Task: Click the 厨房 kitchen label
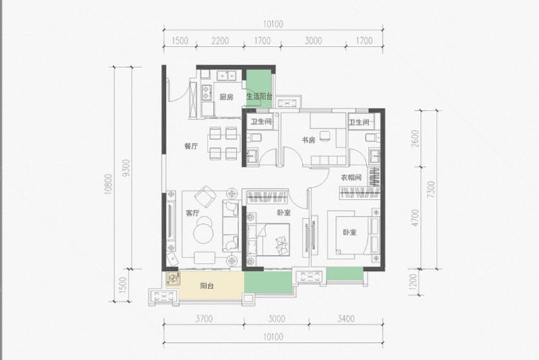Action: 226,97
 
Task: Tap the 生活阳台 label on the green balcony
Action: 259,96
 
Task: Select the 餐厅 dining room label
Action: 191,146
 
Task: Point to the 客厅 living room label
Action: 193,213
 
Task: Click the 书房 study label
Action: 309,140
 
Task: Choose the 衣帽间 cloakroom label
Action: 351,178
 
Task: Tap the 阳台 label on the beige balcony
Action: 207,286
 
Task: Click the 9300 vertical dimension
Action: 127,168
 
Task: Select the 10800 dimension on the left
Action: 108,184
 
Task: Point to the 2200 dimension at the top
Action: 220,41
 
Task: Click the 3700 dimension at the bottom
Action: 204,319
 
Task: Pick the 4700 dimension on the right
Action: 416,218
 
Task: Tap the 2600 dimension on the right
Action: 416,139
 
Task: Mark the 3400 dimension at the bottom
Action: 346,319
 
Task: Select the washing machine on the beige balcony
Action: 173,278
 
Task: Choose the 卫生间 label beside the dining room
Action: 261,122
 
